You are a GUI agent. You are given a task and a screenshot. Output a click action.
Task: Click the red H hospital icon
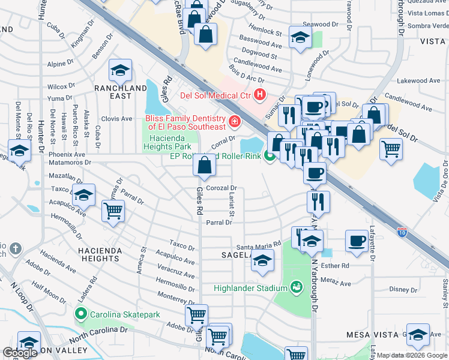pyautogui.click(x=259, y=94)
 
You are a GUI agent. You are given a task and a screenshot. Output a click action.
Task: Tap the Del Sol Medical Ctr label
pyautogui.click(x=215, y=95)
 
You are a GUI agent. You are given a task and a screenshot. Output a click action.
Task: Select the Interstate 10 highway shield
pyautogui.click(x=402, y=230)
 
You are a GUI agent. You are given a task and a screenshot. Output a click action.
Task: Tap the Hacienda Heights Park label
pyautogui.click(x=169, y=142)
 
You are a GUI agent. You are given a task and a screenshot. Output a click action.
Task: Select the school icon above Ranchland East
pyautogui.click(x=120, y=70)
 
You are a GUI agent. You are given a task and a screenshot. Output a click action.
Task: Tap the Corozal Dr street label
pyautogui.click(x=222, y=188)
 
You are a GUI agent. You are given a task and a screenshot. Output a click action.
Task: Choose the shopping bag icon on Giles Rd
pyautogui.click(x=204, y=165)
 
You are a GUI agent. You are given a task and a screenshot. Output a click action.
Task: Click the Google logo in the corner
pyautogui.click(x=20, y=353)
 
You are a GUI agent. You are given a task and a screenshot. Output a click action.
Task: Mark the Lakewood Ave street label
pyautogui.click(x=421, y=80)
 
